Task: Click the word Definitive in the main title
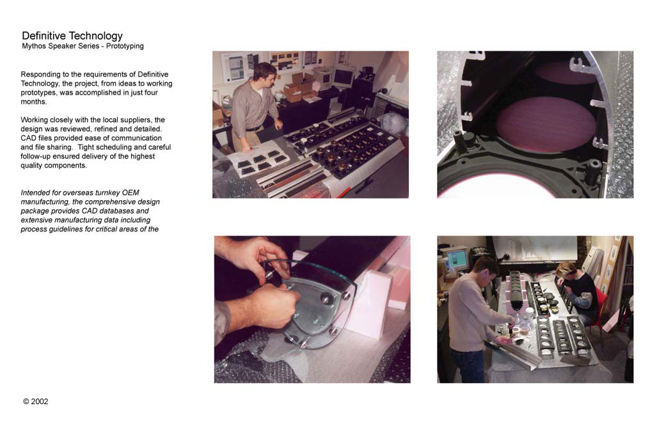[x=44, y=36]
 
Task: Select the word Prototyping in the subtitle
[x=125, y=46]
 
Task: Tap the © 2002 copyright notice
[x=36, y=402]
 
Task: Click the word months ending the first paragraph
[x=33, y=102]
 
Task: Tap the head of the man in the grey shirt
[x=265, y=74]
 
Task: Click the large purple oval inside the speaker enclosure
[x=546, y=123]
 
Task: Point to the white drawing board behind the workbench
[x=535, y=247]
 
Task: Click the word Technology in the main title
[x=96, y=36]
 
